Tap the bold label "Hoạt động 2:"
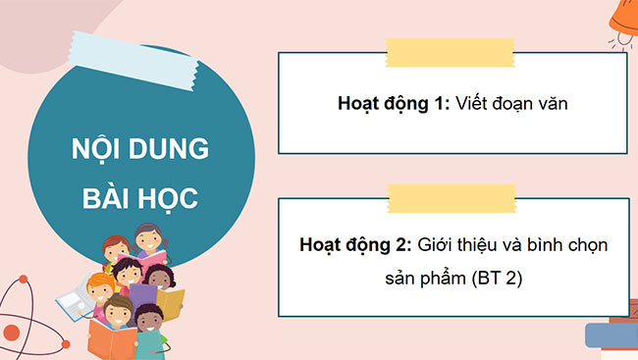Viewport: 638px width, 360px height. (355, 243)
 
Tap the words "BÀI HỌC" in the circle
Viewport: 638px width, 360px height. (141, 198)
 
